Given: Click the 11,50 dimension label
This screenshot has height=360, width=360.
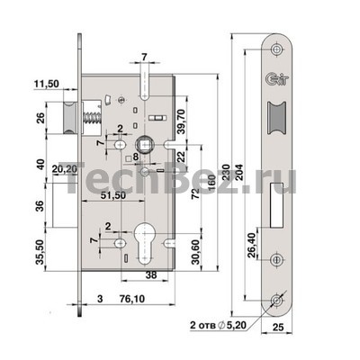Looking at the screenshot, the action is (46, 85).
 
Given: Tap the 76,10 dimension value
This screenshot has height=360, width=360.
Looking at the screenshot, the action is (131, 299).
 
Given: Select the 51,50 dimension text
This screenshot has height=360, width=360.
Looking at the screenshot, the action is (112, 195).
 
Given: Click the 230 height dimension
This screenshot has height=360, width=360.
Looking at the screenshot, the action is (227, 172).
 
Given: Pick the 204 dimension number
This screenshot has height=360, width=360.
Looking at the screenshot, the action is (239, 172).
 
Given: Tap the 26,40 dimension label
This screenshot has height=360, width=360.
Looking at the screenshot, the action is (251, 246).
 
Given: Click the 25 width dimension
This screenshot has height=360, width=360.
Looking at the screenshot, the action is (278, 327).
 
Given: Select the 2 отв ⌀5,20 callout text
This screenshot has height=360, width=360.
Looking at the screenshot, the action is (218, 325).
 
